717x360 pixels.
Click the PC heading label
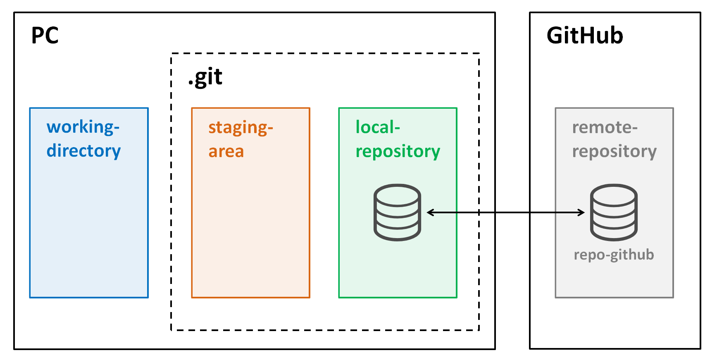click(45, 36)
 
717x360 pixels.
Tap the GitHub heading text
click(584, 36)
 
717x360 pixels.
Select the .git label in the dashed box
click(205, 77)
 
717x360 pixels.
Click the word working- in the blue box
click(83, 127)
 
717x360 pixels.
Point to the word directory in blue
click(83, 151)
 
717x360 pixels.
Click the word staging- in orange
click(241, 128)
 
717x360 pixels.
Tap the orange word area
click(226, 152)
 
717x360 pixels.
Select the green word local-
click(378, 127)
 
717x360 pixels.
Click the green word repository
click(398, 152)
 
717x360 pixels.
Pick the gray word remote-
click(605, 127)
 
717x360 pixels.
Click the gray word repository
click(614, 152)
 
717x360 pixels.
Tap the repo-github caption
click(614, 255)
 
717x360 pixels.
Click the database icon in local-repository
click(397, 212)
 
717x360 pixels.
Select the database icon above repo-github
click(614, 212)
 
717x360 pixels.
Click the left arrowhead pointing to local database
click(430, 212)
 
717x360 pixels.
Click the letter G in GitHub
click(555, 36)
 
